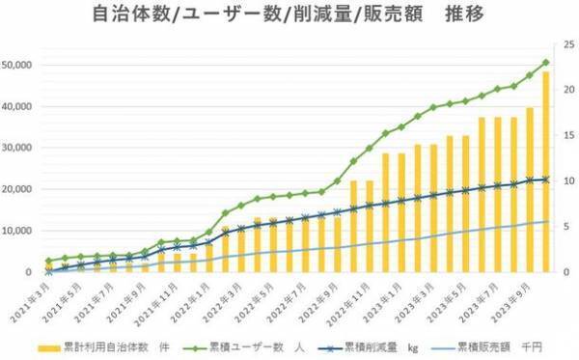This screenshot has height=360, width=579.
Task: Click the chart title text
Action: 289,16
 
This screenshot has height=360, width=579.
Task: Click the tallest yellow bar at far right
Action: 546,174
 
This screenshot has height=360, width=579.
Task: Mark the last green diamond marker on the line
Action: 546,63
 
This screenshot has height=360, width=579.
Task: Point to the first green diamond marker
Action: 49,261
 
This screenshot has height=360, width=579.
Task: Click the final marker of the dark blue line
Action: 546,180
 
